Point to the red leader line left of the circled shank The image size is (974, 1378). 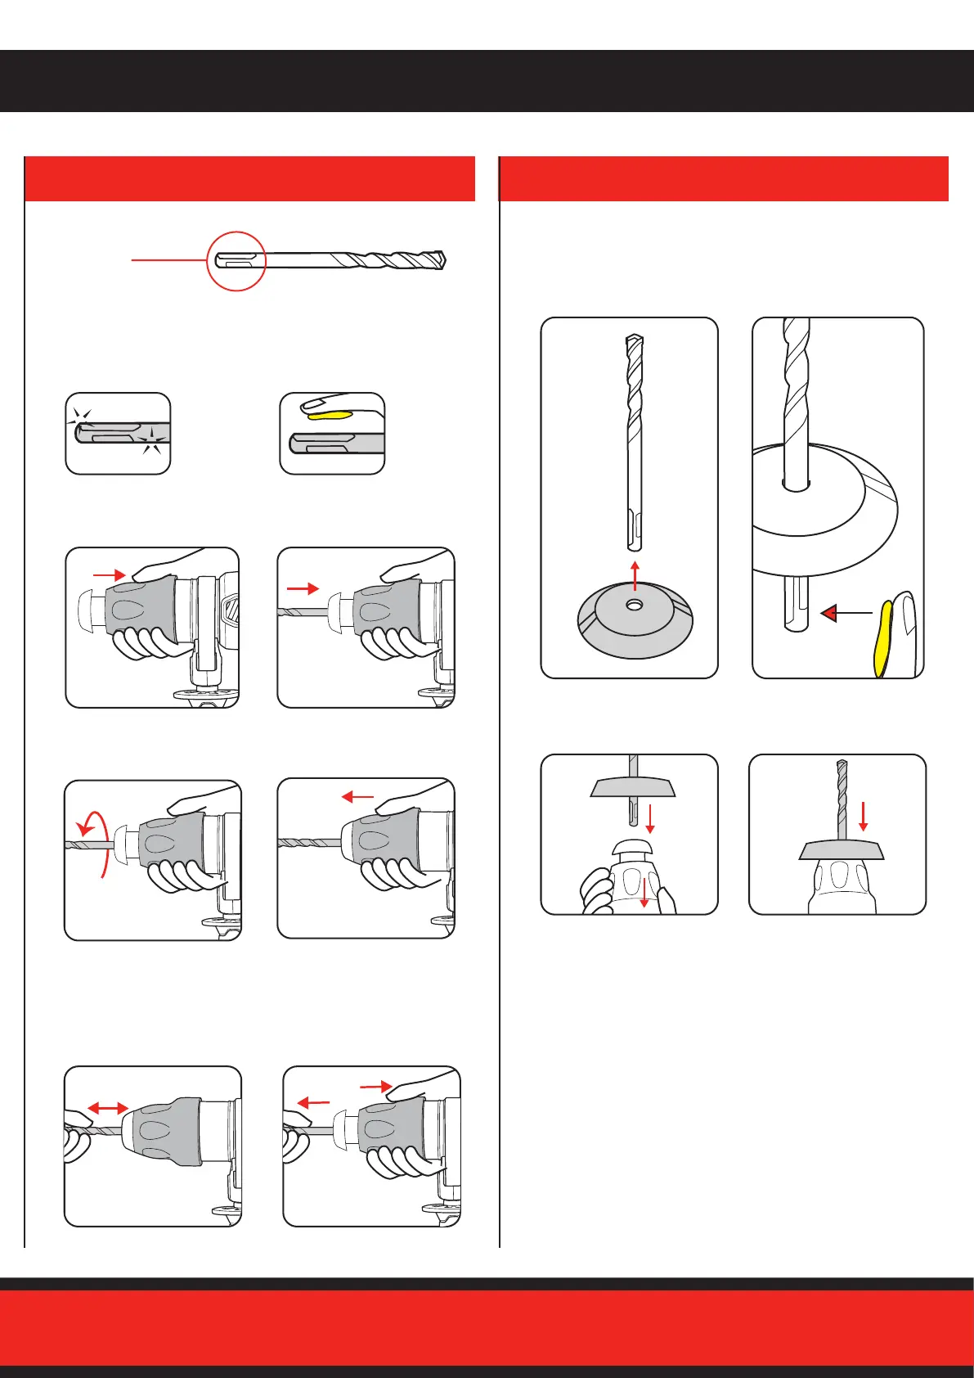point(168,260)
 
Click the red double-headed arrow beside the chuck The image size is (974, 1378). point(108,1108)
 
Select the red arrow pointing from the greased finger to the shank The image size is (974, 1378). point(846,612)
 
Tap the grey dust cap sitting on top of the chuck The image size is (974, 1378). point(842,851)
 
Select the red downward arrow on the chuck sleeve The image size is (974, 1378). point(644,892)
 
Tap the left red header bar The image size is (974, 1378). point(249,178)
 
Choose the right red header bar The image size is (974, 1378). point(724,178)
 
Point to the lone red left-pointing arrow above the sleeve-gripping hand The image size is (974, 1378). point(357,795)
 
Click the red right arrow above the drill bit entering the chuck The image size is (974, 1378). point(303,588)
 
